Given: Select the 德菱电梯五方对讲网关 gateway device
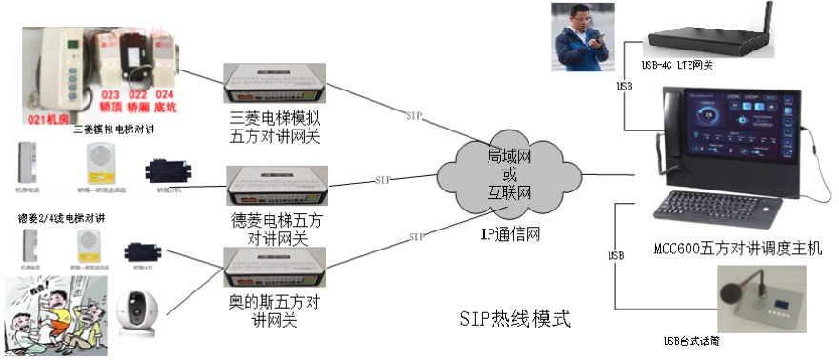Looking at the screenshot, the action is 275,187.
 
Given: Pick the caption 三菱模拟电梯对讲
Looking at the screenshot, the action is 113,130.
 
